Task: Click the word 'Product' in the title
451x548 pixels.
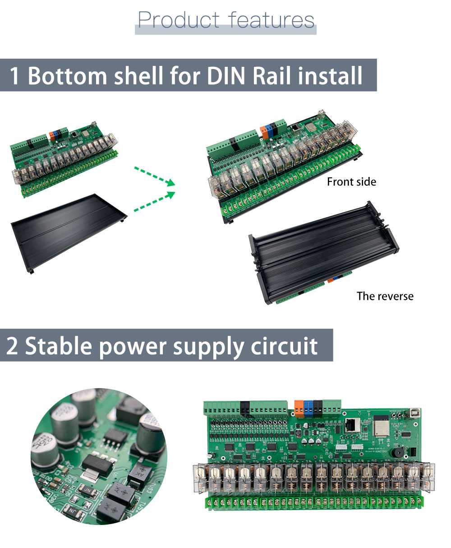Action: (179, 20)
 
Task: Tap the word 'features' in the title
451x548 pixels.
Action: (271, 20)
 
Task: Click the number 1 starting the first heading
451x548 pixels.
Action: (14, 75)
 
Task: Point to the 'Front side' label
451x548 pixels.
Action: (351, 182)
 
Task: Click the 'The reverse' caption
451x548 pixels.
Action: (385, 296)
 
